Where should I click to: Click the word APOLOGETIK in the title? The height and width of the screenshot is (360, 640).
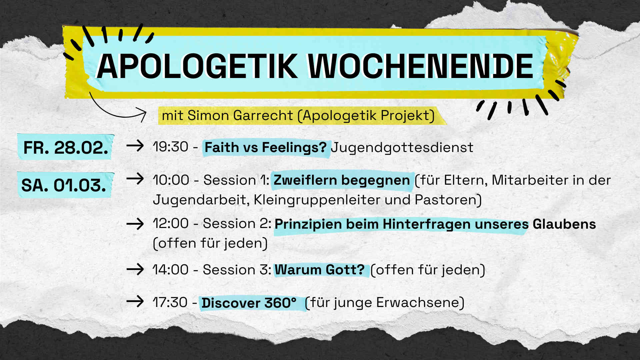[x=197, y=66]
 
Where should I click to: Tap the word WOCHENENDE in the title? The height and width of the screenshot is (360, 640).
[x=421, y=66]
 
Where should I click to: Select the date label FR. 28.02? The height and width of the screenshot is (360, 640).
[x=66, y=147]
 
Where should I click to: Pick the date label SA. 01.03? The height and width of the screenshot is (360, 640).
[x=64, y=185]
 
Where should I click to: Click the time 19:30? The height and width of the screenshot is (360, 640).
[x=171, y=147]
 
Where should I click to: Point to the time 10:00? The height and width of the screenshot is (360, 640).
[x=171, y=180]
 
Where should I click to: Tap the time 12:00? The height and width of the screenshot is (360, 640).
[x=171, y=223]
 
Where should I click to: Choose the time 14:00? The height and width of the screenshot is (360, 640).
[x=171, y=270]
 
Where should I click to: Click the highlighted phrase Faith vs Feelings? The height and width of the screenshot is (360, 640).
[x=266, y=147]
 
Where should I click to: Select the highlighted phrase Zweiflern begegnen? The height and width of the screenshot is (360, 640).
[x=342, y=180]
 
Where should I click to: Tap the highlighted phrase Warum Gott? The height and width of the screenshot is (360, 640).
[x=320, y=270]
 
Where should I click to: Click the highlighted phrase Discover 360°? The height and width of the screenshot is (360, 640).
[x=249, y=303]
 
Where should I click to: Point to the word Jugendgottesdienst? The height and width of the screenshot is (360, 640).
[x=402, y=148]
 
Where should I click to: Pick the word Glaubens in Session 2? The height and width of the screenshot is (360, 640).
[x=564, y=224]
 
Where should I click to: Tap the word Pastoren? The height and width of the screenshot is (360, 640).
[x=446, y=200]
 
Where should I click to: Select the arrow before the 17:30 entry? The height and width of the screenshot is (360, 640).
[x=135, y=302]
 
